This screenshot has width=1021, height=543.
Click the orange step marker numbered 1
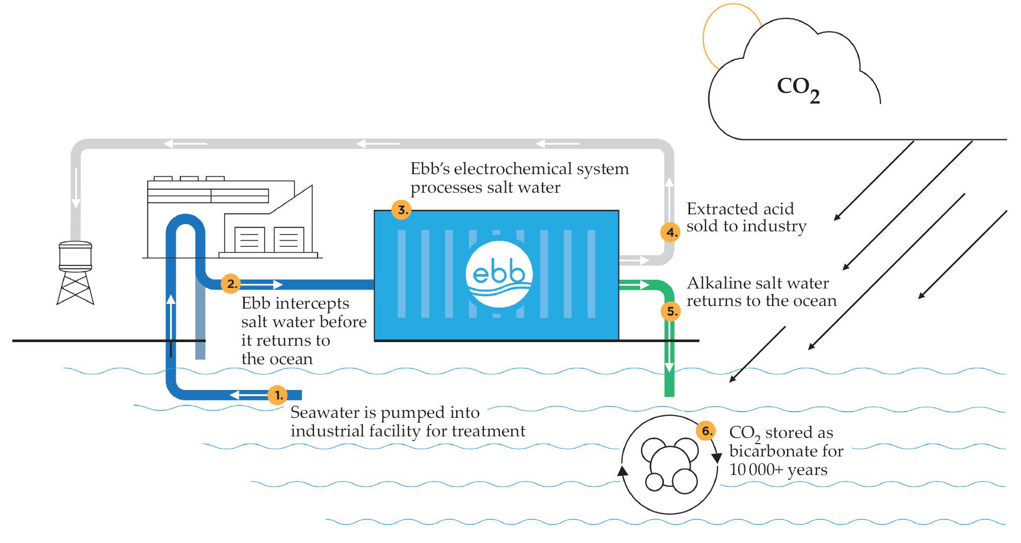[278, 395]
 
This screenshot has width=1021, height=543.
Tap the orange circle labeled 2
[231, 283]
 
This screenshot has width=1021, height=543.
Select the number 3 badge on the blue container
[401, 210]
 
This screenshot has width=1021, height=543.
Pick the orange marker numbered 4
[670, 232]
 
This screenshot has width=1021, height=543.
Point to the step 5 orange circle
[671, 311]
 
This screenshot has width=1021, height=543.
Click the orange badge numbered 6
[706, 431]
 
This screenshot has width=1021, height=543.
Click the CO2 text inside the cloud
[798, 89]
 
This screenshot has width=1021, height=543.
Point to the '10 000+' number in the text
[756, 470]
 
